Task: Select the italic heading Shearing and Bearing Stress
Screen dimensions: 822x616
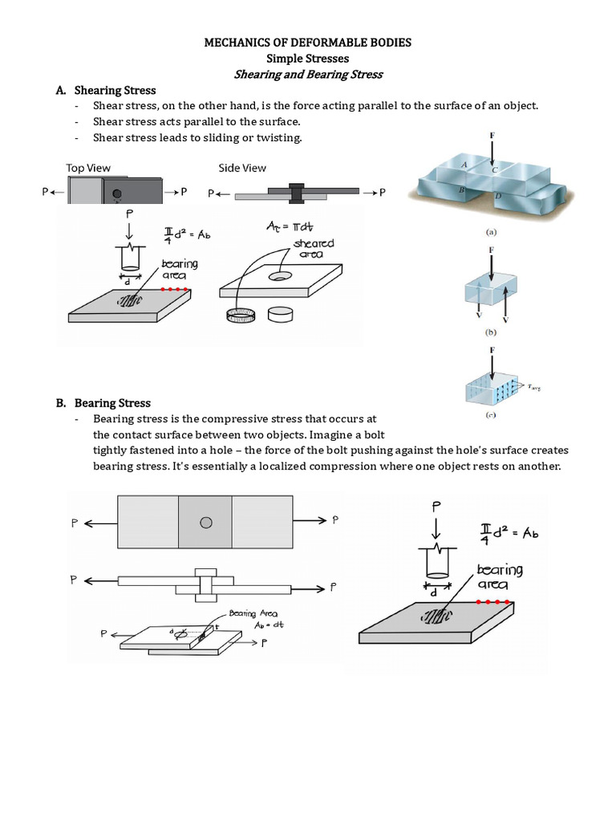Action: (308, 74)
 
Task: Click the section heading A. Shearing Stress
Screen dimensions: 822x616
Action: (115, 90)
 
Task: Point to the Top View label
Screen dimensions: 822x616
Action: (88, 168)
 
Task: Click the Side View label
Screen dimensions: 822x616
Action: (242, 168)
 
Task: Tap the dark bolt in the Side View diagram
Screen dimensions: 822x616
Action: (296, 193)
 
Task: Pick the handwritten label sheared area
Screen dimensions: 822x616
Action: (313, 249)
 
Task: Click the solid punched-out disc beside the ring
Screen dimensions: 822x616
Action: (281, 314)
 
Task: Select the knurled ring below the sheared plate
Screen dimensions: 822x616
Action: (241, 315)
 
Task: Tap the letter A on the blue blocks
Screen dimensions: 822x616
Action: (464, 163)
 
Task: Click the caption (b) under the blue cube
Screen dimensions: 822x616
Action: (490, 330)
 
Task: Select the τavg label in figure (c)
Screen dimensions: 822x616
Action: (531, 387)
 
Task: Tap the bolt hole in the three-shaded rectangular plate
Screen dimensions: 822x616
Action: (206, 523)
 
